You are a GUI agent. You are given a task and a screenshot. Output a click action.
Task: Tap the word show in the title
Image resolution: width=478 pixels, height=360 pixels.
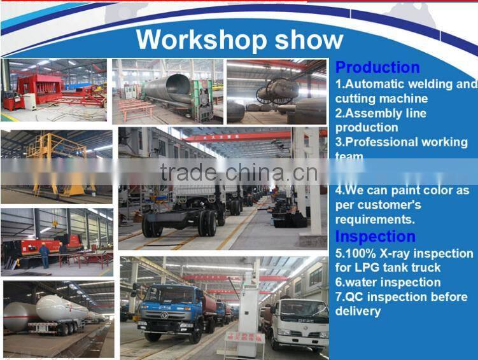[x=309, y=39]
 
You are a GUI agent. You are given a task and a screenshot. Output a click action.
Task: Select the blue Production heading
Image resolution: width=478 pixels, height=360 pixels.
[x=377, y=67]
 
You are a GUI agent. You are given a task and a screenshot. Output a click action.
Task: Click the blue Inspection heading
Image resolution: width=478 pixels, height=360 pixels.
[x=375, y=237]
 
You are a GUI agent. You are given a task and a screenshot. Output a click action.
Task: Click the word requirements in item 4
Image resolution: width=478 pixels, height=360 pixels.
[x=374, y=219]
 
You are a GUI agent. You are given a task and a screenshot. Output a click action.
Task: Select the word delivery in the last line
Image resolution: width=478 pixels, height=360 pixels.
[x=358, y=312]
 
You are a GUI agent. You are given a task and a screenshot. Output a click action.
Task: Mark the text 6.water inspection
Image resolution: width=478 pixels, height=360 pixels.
[x=388, y=282]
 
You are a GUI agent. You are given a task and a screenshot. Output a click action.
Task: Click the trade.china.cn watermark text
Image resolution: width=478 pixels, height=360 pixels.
[x=239, y=172]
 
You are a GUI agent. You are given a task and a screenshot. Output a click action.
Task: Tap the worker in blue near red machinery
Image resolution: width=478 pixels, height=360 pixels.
[x=44, y=255]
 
